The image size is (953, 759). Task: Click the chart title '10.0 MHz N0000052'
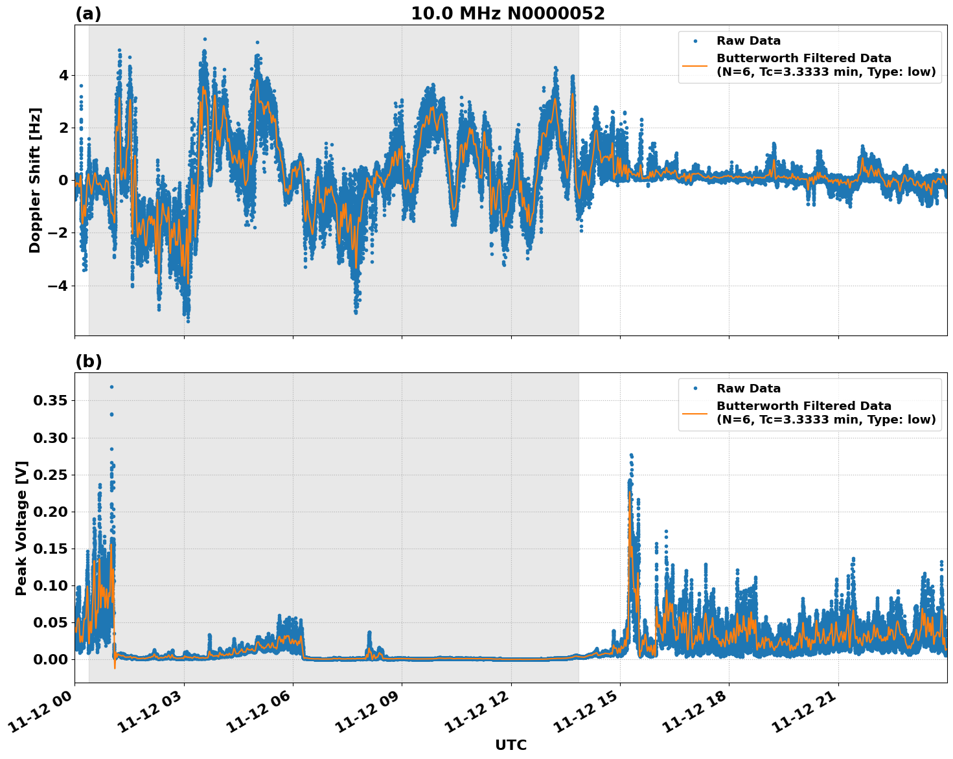click(507, 14)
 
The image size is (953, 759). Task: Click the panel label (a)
click(88, 14)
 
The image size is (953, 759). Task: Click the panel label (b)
click(88, 361)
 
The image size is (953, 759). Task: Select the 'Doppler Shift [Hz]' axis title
click(35, 180)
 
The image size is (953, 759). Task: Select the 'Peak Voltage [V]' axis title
click(21, 528)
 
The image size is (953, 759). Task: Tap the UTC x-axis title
click(511, 745)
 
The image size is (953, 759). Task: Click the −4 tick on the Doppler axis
click(58, 286)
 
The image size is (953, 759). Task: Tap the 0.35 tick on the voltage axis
click(50, 400)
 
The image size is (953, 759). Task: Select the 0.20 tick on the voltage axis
click(50, 512)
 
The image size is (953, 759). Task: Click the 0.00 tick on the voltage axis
click(50, 659)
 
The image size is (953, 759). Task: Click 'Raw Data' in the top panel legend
click(748, 41)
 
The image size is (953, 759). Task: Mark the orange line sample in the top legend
click(695, 65)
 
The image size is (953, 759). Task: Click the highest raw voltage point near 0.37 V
click(111, 387)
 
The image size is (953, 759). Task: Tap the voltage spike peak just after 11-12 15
click(631, 455)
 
